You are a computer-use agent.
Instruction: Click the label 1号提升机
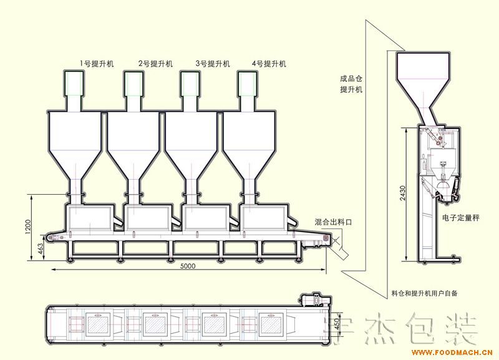(x=97, y=64)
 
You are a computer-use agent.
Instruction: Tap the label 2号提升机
(x=155, y=64)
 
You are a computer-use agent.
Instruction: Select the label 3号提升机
(x=213, y=64)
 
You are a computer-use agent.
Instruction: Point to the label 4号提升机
(x=269, y=64)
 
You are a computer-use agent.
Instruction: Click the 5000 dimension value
(x=188, y=266)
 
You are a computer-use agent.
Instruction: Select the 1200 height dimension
(x=27, y=227)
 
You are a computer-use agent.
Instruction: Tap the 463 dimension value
(x=40, y=249)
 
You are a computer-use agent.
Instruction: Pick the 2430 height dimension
(x=403, y=193)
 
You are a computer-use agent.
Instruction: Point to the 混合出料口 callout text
(x=333, y=222)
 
